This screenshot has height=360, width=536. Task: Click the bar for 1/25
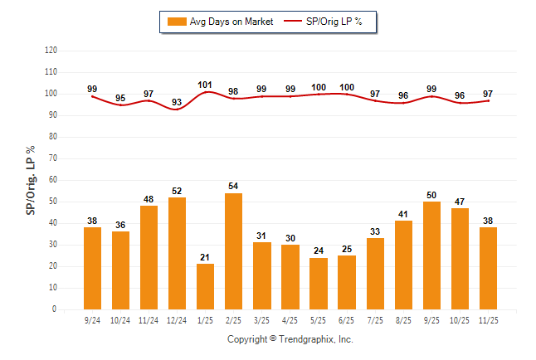point(206,286)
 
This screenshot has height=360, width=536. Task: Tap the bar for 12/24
point(178,253)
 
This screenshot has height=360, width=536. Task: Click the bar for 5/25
point(319,284)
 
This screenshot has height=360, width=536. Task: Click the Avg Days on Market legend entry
point(220,22)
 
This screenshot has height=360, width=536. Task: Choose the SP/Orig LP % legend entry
point(324,22)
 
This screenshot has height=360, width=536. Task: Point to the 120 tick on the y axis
point(51,51)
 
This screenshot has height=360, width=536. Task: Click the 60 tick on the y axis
point(53,180)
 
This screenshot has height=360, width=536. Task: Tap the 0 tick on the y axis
point(55,309)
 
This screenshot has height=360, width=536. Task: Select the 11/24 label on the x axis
point(149,319)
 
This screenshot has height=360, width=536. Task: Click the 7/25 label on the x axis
point(375,319)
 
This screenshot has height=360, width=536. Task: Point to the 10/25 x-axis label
point(460,319)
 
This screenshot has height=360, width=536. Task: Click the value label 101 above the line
point(206,85)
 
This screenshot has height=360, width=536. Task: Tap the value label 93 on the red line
point(178,102)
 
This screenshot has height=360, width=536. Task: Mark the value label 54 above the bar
point(234,187)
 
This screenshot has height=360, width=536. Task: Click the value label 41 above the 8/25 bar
point(403,215)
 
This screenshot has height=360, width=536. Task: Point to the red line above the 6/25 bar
point(347,94)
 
